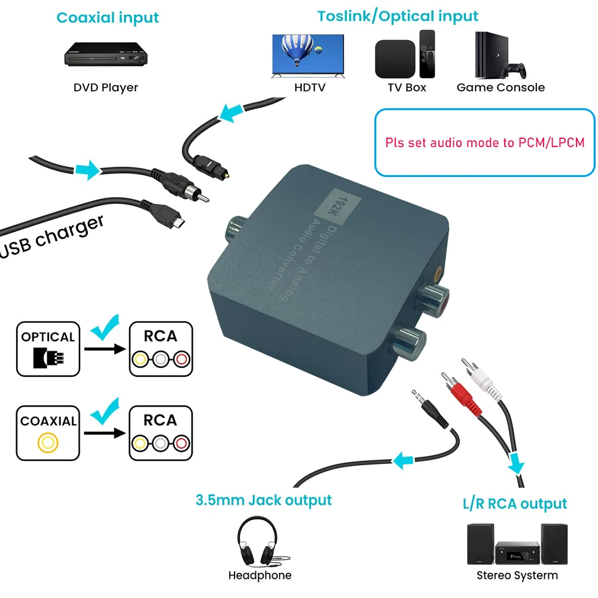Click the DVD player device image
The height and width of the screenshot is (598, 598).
coord(106,54)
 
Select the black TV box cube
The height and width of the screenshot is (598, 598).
coord(395,59)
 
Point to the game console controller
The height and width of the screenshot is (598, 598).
coord(514,70)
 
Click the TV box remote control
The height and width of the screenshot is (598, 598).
coord(427,54)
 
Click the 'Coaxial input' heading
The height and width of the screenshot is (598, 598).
coord(108,17)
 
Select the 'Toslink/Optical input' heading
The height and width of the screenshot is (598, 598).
coord(398,16)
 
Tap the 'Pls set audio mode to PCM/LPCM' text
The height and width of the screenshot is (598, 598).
coord(484,143)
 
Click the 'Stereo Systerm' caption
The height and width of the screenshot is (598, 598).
coord(517,575)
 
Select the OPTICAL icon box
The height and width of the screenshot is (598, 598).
coord(48,349)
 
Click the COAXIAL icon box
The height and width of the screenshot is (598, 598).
coord(48,433)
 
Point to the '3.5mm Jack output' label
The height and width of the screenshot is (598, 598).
coord(263,499)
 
